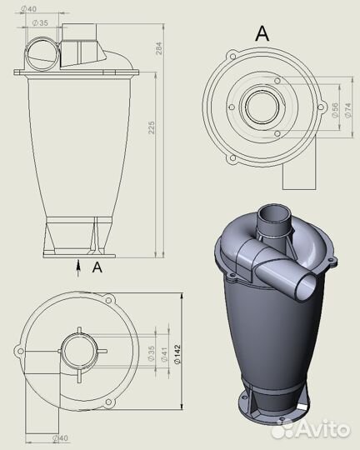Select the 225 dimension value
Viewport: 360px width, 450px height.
click(151, 127)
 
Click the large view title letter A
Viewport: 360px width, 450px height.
click(262, 33)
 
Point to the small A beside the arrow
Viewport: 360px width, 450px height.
click(97, 267)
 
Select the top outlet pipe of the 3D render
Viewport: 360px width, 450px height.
click(274, 221)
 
